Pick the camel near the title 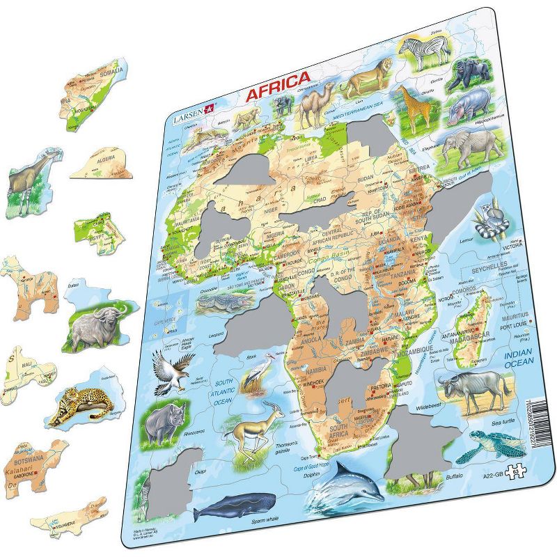(315, 106)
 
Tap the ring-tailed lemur (483, 219)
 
